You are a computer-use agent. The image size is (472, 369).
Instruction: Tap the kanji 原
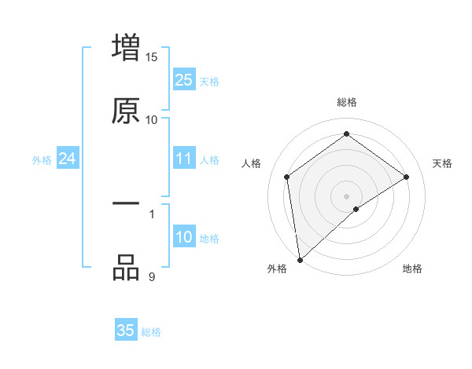click(x=126, y=111)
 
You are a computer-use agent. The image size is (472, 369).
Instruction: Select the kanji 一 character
click(x=126, y=204)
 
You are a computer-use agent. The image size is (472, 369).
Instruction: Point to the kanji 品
click(x=126, y=268)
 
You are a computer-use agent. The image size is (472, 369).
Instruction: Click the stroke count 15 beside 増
click(x=152, y=57)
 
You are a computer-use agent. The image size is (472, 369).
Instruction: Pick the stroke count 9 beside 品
click(x=152, y=276)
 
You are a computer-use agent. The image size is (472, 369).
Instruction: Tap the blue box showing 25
click(x=183, y=80)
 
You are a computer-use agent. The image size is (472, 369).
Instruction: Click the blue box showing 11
click(x=183, y=159)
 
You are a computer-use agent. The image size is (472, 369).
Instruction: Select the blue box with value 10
click(x=183, y=237)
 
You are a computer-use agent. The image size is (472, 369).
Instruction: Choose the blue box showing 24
click(x=67, y=159)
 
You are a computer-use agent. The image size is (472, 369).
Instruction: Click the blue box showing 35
click(x=126, y=331)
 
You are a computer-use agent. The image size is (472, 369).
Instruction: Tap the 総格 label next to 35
click(x=151, y=332)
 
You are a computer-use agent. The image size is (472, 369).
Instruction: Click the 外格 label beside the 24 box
click(x=42, y=160)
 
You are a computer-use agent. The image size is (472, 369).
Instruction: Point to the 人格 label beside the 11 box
click(x=209, y=160)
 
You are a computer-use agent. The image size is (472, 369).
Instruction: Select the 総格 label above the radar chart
click(x=346, y=102)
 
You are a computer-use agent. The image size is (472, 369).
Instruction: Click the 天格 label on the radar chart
click(x=443, y=163)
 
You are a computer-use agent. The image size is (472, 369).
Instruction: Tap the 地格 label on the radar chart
click(x=412, y=269)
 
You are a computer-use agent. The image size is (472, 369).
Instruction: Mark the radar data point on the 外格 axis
click(x=299, y=260)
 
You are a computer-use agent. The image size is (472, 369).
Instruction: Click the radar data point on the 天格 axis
click(x=407, y=177)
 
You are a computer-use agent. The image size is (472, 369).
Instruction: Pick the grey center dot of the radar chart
click(x=346, y=195)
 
